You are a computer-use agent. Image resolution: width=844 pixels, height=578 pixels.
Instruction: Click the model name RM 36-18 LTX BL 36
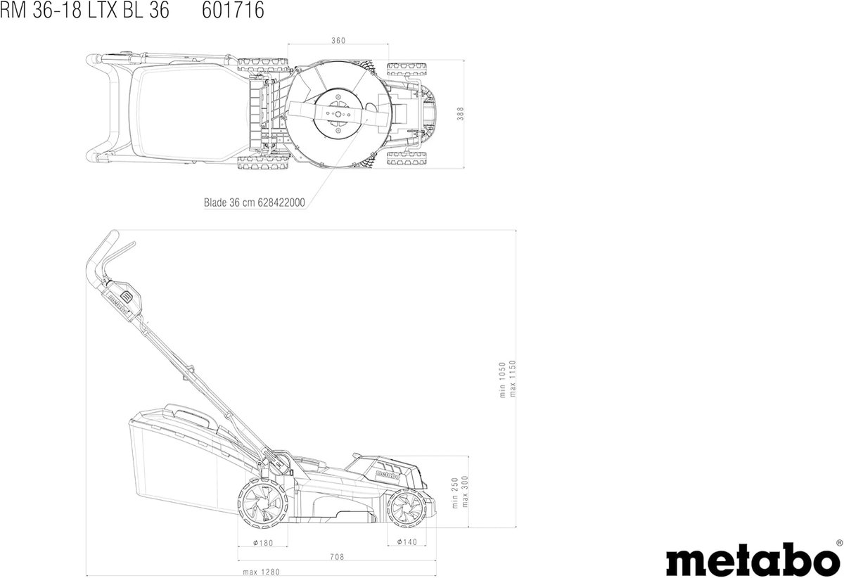tap(84, 10)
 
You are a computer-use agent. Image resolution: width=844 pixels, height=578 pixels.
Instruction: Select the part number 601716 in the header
tap(233, 10)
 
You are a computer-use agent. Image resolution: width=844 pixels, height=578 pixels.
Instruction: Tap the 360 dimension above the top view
tap(338, 40)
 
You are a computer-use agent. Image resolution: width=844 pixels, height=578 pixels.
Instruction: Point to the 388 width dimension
tap(461, 114)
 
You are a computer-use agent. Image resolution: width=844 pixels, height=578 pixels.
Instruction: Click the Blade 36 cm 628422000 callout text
tap(255, 203)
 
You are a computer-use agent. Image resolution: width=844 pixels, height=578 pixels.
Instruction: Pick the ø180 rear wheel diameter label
tap(262, 543)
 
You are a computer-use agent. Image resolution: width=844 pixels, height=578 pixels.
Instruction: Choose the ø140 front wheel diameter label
tap(407, 542)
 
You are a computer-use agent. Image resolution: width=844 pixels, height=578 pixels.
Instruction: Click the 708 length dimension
tap(337, 556)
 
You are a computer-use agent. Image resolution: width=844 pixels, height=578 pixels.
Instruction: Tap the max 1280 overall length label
tap(261, 572)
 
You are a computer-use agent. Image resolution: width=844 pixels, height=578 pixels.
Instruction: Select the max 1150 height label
tap(512, 378)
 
